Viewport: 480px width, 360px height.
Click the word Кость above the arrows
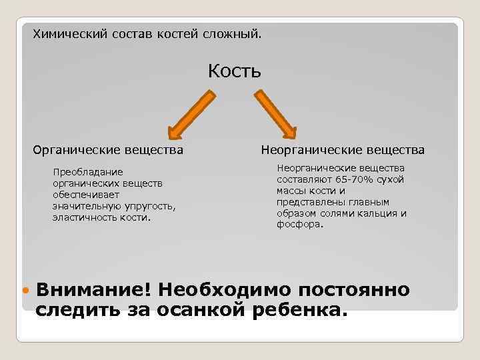coord(234,71)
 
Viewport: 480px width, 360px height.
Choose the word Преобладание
coord(88,172)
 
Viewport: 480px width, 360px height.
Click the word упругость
coord(151,206)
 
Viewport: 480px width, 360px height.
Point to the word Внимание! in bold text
coord(93,291)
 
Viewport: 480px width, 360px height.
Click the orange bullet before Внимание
coord(26,292)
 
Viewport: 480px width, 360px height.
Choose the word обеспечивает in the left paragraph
coord(85,195)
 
